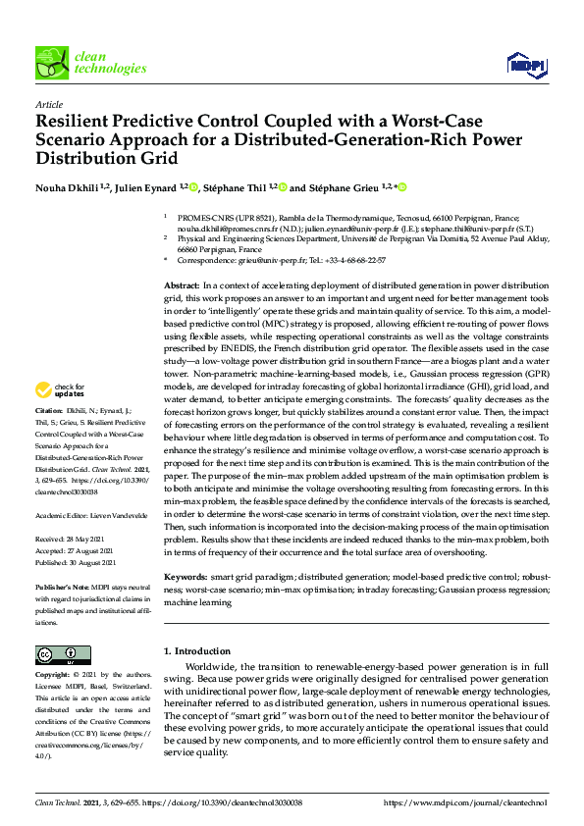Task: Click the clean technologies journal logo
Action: tap(90, 62)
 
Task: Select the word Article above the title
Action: tap(48, 104)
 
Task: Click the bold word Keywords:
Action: tap(186, 579)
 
